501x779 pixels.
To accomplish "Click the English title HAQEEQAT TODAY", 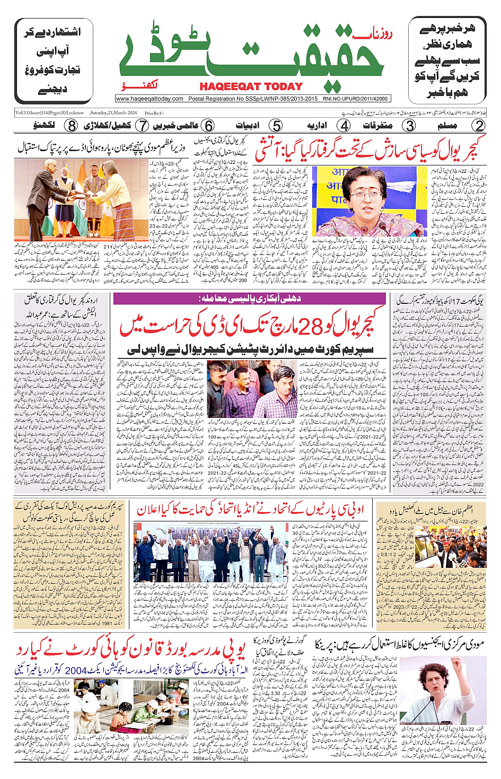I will click(x=251, y=86).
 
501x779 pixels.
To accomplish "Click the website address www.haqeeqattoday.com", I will click(x=150, y=99).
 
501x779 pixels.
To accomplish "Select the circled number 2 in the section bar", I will click(x=479, y=126).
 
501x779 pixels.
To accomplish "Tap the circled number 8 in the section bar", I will click(x=71, y=126).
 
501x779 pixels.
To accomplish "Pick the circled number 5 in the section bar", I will click(x=276, y=126).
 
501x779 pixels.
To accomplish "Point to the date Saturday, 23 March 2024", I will click(x=113, y=112).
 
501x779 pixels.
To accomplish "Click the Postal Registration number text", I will click(x=253, y=99).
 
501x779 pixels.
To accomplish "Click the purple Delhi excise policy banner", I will click(x=249, y=299).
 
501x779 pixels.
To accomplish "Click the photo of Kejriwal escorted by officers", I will click(x=251, y=389).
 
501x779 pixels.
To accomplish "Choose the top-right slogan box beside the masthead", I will click(x=447, y=60).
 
